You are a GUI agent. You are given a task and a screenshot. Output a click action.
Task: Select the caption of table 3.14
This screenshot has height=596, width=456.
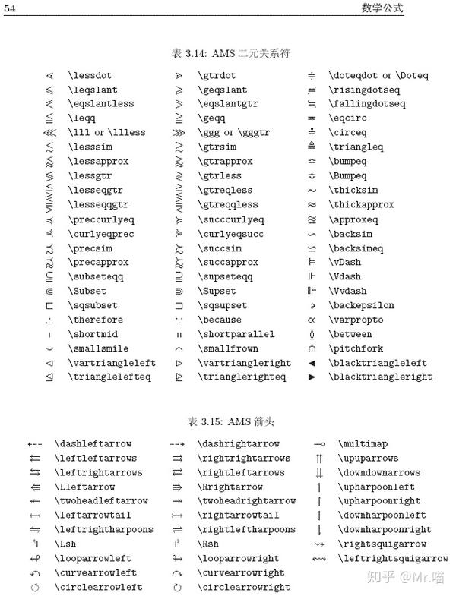231,54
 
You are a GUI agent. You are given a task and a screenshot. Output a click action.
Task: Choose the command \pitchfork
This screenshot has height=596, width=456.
356,348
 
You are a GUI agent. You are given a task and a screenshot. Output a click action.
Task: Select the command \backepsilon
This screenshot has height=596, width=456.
362,305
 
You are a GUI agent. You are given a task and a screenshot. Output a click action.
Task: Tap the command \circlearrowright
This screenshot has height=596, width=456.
244,588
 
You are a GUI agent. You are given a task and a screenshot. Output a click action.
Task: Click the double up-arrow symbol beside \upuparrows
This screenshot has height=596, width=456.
320,459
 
